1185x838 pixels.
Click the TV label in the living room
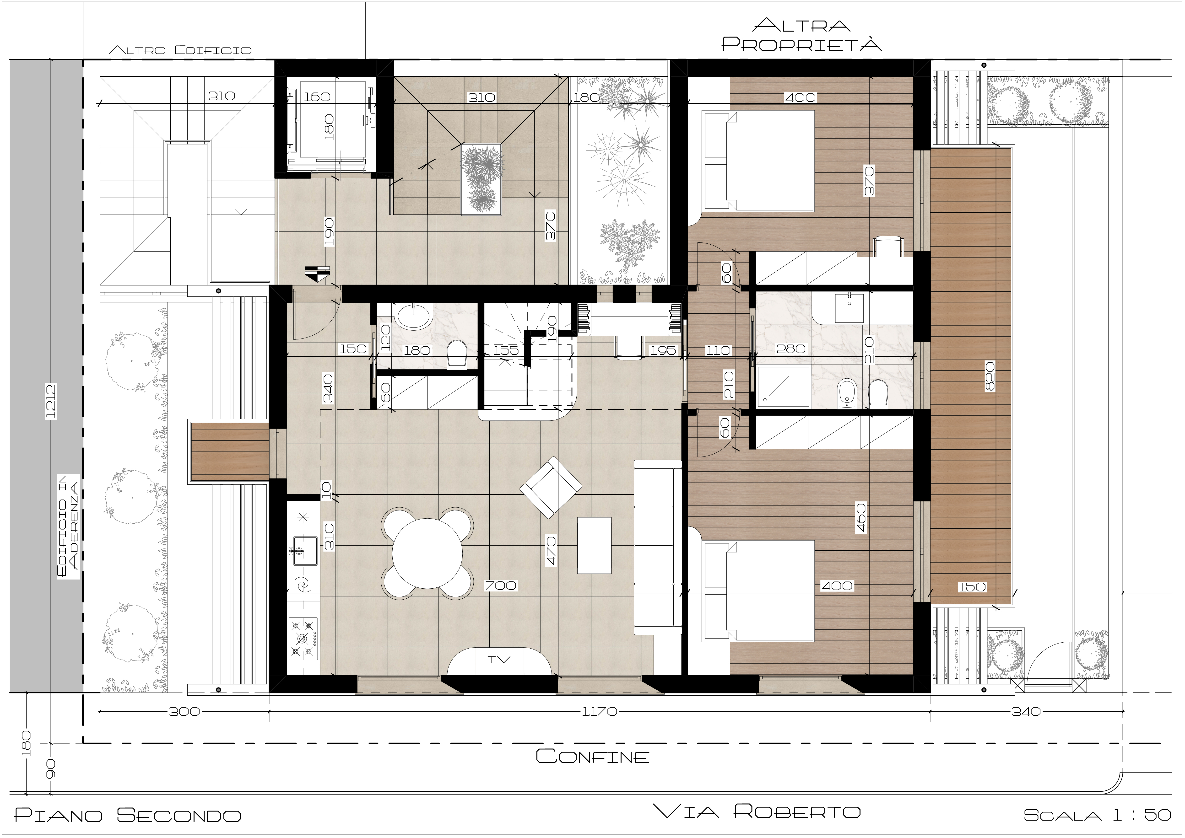point(499,660)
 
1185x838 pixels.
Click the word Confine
point(592,757)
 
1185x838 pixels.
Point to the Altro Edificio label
point(180,51)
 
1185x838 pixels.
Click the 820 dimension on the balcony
point(989,375)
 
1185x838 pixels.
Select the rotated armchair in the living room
point(551,487)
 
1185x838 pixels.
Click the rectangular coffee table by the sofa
point(594,545)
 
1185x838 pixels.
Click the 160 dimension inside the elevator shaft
point(317,97)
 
